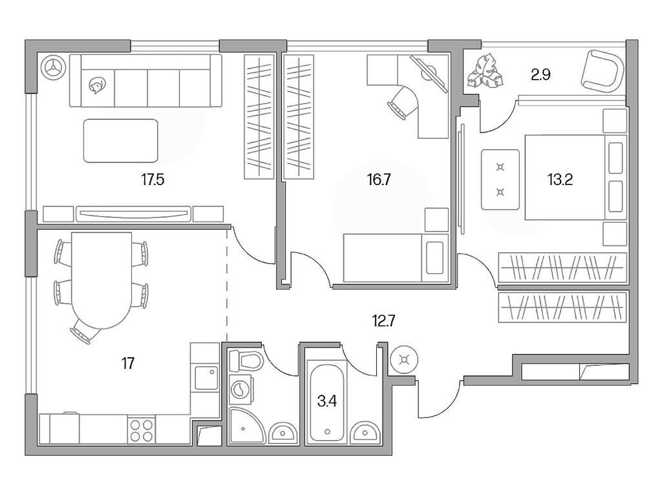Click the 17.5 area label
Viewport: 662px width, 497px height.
click(153, 180)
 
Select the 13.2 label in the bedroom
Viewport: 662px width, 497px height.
click(561, 180)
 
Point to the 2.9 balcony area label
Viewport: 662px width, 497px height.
click(540, 75)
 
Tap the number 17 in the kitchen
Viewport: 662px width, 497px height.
click(127, 363)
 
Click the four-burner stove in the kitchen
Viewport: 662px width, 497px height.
click(142, 430)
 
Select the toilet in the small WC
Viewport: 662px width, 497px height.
click(245, 360)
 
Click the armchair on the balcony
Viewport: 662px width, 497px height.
click(603, 71)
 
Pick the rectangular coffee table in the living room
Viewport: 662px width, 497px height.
click(121, 140)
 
